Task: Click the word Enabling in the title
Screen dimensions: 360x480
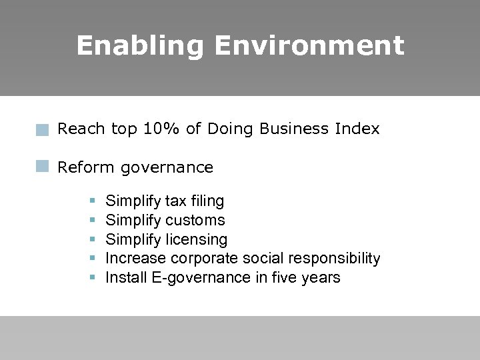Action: click(140, 46)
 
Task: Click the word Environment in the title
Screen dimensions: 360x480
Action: click(309, 46)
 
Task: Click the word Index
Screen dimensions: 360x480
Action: click(358, 129)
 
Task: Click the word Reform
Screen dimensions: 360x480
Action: click(87, 167)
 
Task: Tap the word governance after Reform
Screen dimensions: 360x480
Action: click(167, 168)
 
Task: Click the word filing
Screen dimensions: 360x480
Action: click(208, 201)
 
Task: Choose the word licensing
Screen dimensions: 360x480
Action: click(196, 239)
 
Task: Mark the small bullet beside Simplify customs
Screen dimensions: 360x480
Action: click(92, 220)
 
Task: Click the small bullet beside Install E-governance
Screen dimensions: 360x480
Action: click(92, 277)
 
